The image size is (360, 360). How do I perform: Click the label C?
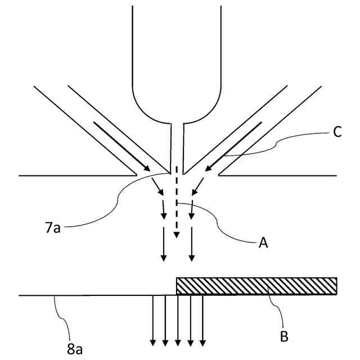(337, 133)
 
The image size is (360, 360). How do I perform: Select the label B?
(283, 337)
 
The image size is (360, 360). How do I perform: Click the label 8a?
(75, 349)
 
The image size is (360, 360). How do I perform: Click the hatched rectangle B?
(256, 286)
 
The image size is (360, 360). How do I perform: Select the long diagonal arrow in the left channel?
(121, 146)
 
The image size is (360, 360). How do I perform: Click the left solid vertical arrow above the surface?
(163, 244)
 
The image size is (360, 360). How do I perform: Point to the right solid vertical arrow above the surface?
(192, 244)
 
